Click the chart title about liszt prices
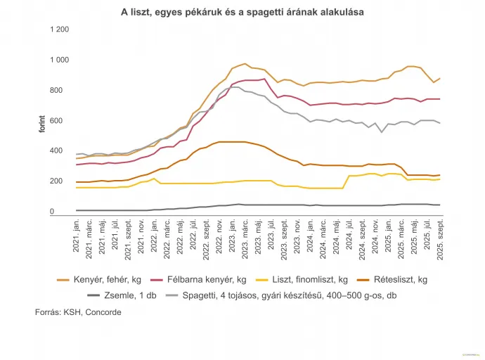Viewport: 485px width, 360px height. [x=242, y=13]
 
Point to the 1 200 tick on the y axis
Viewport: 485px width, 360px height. [x=59, y=30]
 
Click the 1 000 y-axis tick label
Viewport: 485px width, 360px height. [x=59, y=60]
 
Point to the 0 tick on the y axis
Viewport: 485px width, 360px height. [x=51, y=212]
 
